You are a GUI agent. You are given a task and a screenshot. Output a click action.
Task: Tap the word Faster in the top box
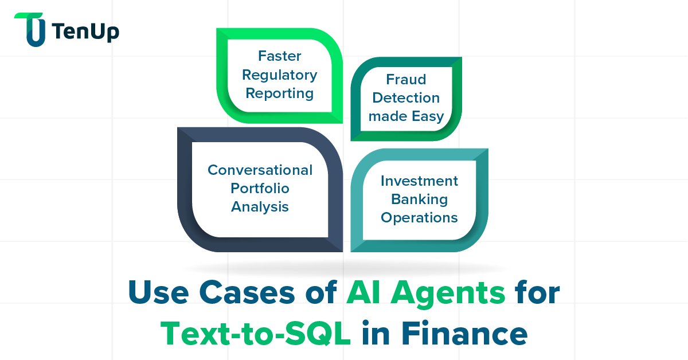[280, 56]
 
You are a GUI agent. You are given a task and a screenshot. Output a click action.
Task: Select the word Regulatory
[280, 75]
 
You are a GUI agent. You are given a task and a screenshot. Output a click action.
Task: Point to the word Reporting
[280, 93]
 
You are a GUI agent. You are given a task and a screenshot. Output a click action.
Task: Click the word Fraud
[406, 79]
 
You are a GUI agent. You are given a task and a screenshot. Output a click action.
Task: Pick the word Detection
[406, 97]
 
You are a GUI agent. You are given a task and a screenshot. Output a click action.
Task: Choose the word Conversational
[260, 170]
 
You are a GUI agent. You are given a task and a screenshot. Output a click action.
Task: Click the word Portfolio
[260, 188]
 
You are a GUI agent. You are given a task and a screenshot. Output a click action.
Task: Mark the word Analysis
[260, 206]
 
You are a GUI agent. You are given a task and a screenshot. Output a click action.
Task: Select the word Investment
[420, 181]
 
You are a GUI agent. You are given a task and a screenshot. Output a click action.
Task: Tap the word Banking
[420, 199]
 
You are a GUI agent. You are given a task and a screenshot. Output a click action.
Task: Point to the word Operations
[420, 218]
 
